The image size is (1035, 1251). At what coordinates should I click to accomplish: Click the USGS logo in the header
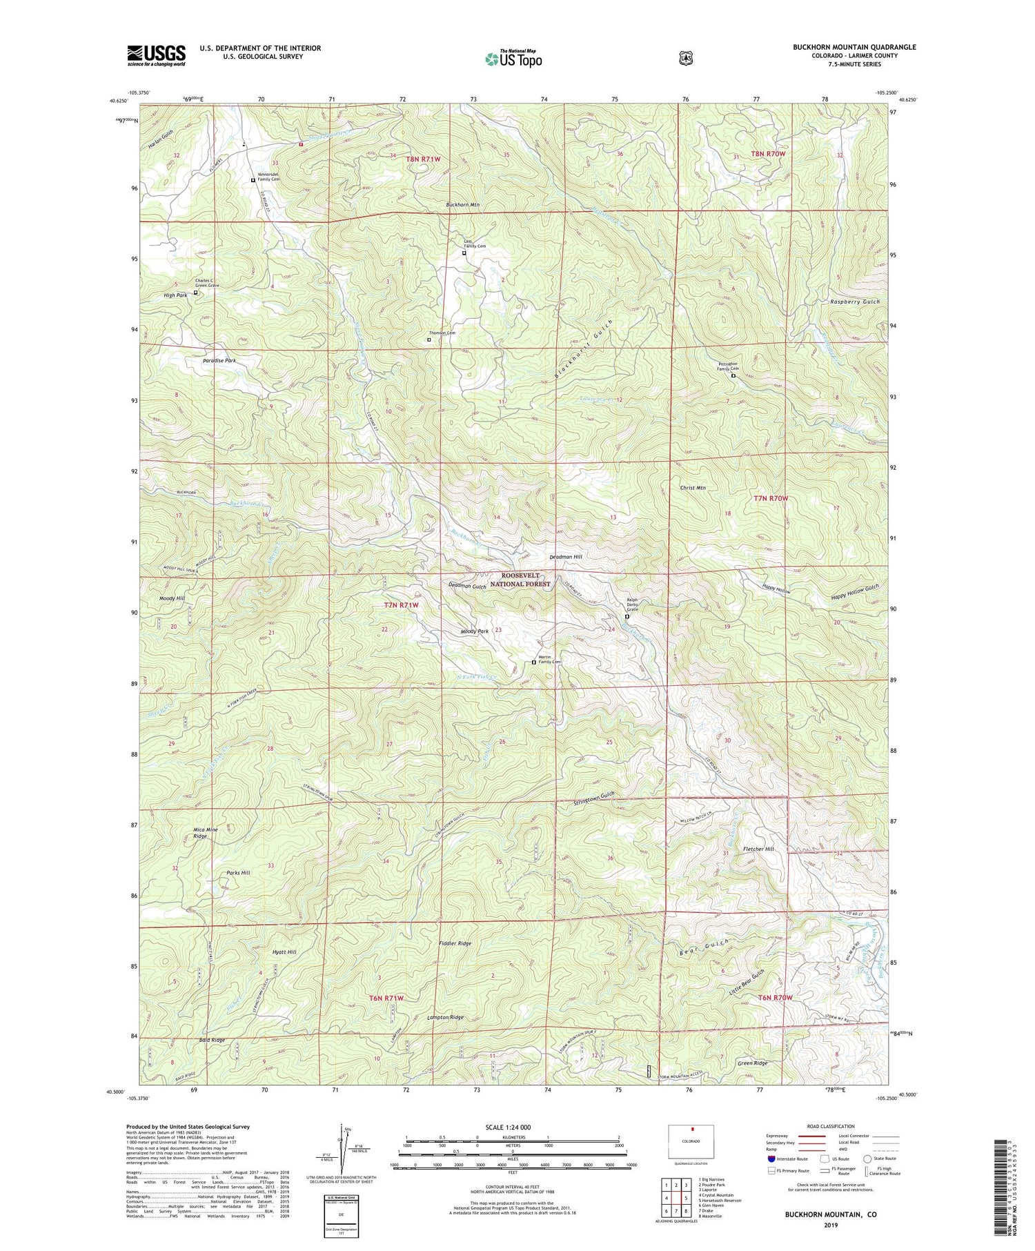[156, 55]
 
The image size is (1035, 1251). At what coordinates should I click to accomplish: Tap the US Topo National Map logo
[513, 59]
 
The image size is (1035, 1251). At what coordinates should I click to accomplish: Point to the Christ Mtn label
[693, 488]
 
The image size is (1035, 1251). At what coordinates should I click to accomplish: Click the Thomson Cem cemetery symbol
[428, 339]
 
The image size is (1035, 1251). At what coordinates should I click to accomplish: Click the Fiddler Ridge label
[455, 943]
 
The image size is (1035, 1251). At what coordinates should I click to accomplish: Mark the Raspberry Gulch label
[855, 302]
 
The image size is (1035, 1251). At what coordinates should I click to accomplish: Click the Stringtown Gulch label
[594, 795]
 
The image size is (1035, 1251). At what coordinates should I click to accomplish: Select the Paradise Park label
[219, 361]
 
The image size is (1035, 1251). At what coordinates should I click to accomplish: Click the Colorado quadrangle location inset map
[691, 1144]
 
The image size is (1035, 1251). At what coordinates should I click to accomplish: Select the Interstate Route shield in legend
[771, 1159]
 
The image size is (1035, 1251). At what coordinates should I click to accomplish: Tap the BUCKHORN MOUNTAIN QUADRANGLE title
[854, 47]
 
